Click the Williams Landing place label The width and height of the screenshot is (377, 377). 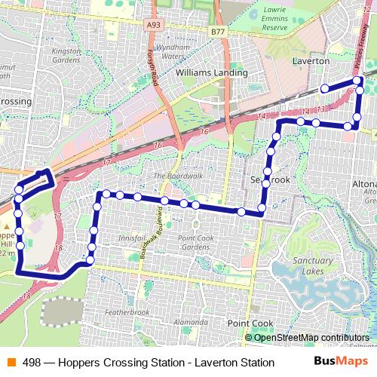click(x=211, y=73)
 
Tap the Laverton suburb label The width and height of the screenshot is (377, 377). click(x=310, y=60)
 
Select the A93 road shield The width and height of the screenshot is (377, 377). click(x=154, y=23)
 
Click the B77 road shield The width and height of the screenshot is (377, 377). click(x=218, y=32)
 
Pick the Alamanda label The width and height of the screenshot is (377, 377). click(x=190, y=322)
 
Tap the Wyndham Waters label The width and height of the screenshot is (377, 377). click(x=172, y=51)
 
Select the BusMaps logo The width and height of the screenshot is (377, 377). click(x=341, y=362)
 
